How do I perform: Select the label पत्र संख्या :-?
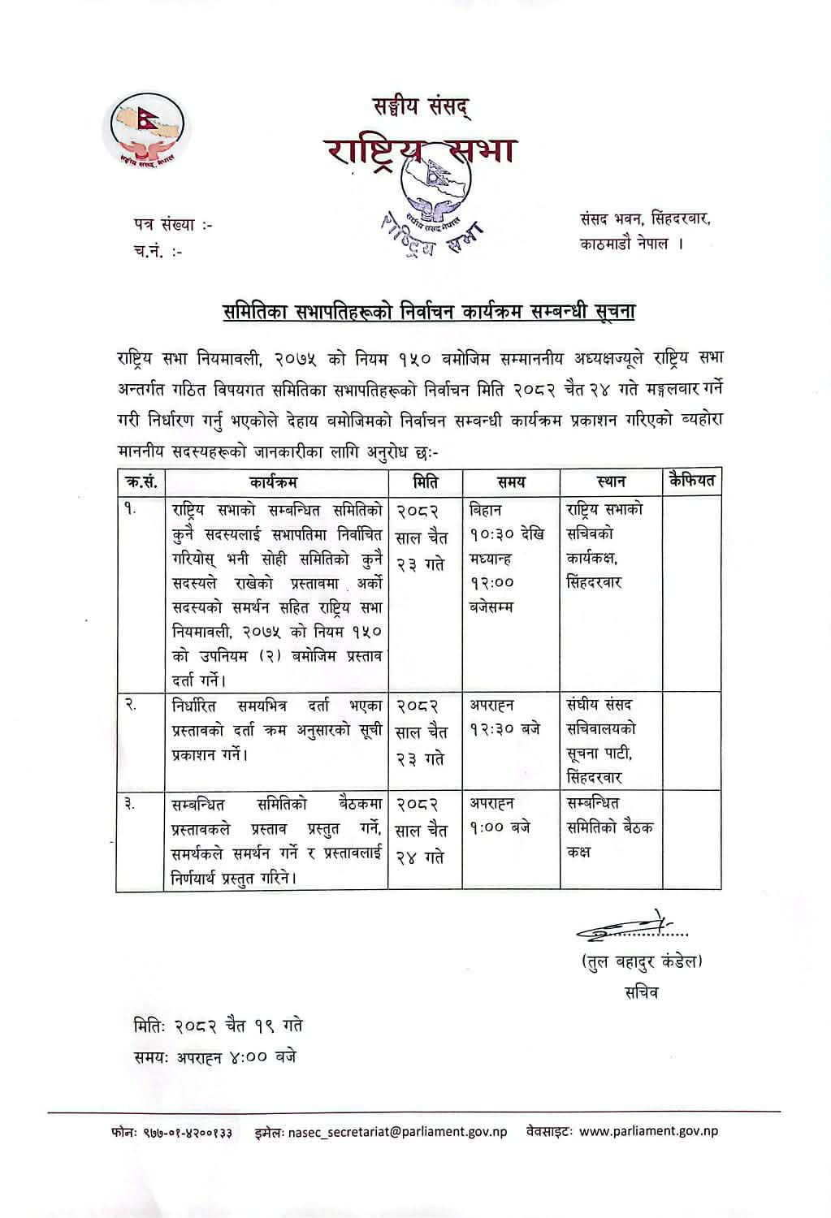click(x=173, y=224)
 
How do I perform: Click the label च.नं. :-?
click(x=158, y=251)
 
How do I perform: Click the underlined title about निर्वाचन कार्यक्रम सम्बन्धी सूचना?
click(x=429, y=312)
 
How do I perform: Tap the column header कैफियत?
click(x=692, y=481)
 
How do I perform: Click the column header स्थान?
click(x=610, y=482)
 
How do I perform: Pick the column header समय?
click(x=511, y=482)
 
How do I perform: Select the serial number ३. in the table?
click(x=130, y=804)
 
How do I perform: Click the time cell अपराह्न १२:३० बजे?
click(x=504, y=718)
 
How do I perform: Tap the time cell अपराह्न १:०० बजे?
click(x=500, y=815)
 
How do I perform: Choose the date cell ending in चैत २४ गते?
click(x=421, y=830)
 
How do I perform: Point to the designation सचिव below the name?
click(x=641, y=992)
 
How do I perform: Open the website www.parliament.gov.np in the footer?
click(x=648, y=1131)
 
